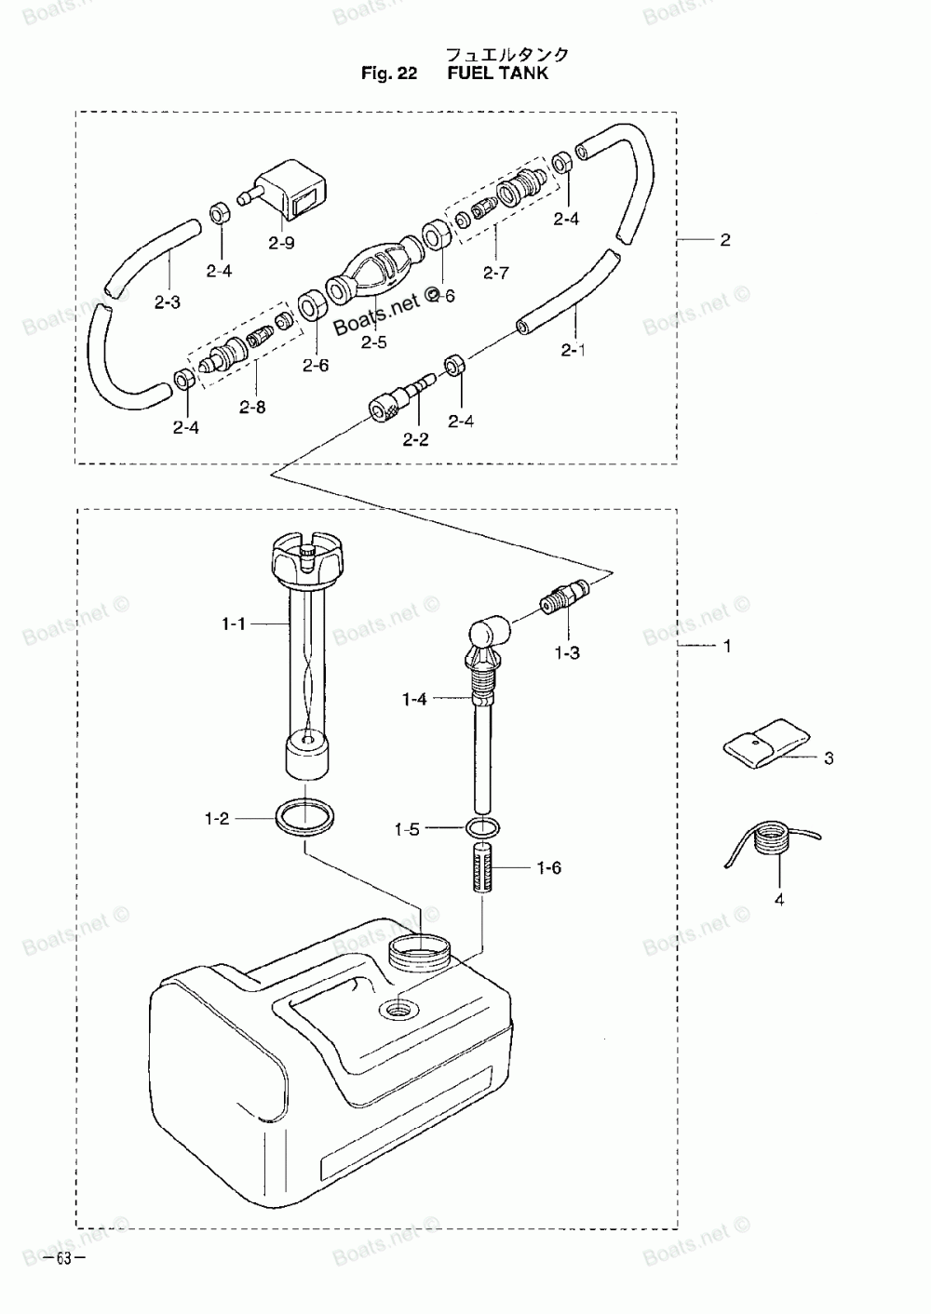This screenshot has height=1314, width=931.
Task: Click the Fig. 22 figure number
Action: (x=389, y=74)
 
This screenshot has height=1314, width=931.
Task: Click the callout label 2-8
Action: (x=251, y=407)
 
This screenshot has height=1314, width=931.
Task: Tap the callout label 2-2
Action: (x=415, y=439)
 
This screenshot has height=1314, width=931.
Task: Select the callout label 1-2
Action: (x=216, y=819)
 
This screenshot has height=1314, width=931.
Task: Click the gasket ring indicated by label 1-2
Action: (x=304, y=816)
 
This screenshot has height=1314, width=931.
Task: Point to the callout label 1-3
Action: (x=567, y=653)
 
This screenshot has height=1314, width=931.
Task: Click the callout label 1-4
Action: (x=414, y=698)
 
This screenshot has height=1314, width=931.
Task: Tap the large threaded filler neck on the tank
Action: (x=418, y=952)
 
